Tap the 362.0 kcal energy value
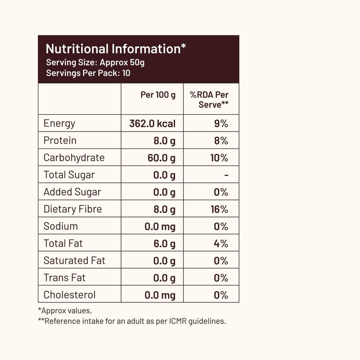tap(152, 123)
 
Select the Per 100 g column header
tap(158, 95)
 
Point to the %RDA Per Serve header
tap(210, 99)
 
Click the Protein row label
tap(60, 141)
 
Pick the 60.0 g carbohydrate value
tap(161, 158)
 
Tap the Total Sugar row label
tap(69, 175)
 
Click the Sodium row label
tap(60, 227)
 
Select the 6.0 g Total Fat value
tap(164, 244)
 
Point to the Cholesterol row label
tap(70, 295)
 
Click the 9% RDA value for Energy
tap(221, 124)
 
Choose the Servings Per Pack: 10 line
tap(88, 73)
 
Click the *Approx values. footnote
tap(65, 311)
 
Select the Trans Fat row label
tap(64, 278)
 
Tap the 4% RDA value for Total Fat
tap(221, 244)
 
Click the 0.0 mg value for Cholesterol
tap(160, 295)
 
